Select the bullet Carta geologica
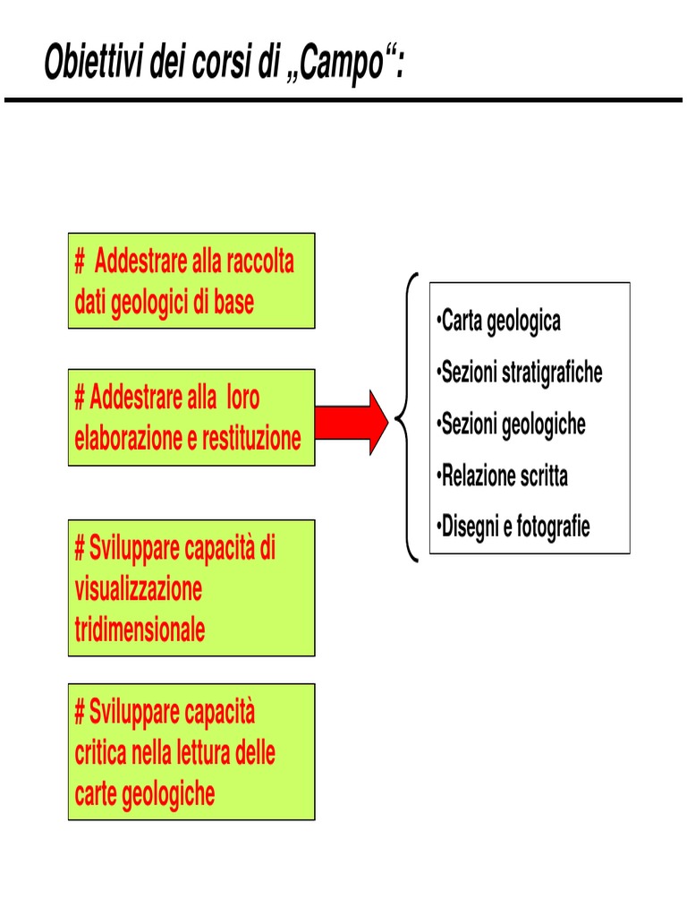[x=500, y=321]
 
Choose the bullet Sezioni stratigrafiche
[x=521, y=373]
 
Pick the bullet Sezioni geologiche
[x=513, y=424]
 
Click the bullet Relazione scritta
[x=504, y=476]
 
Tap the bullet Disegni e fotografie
[x=514, y=527]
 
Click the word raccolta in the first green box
[x=260, y=262]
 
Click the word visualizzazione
[x=139, y=590]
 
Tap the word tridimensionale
[x=140, y=630]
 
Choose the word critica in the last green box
[x=100, y=754]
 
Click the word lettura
[x=206, y=754]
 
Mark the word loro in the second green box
[x=242, y=399]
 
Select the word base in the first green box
[x=234, y=303]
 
